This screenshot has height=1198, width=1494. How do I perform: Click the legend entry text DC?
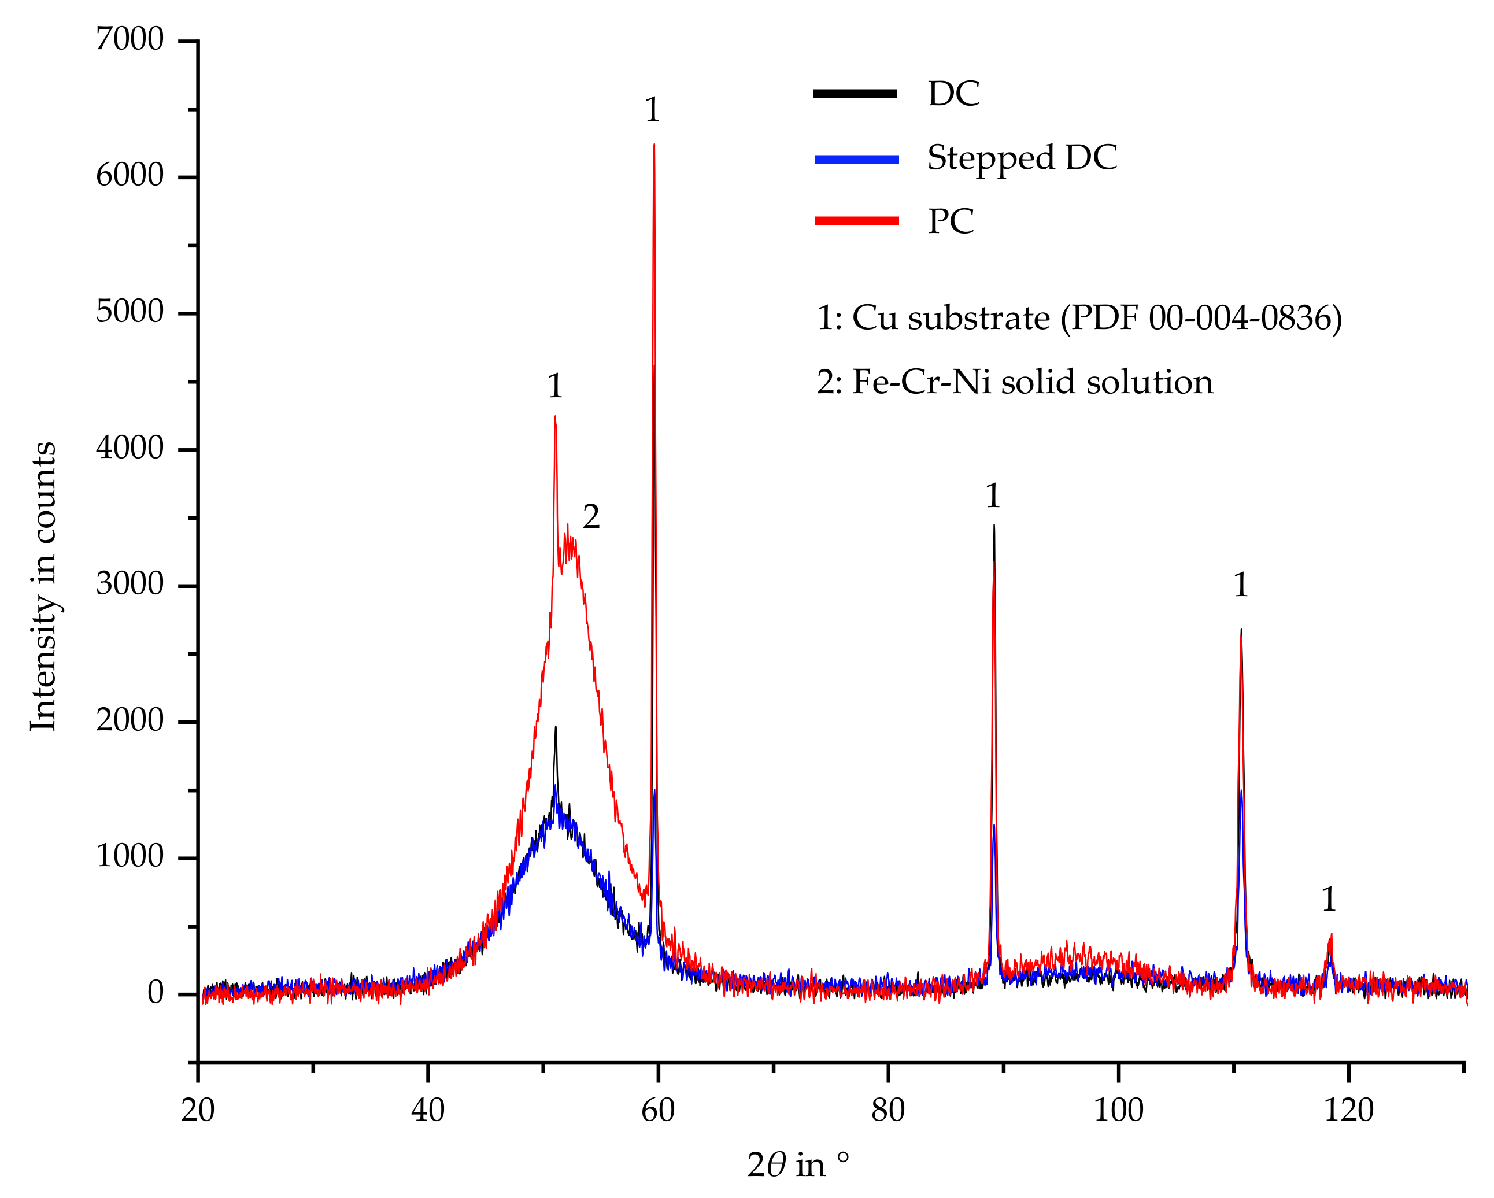[953, 94]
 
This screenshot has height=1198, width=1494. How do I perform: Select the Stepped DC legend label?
[1022, 158]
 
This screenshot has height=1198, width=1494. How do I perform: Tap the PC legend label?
[951, 221]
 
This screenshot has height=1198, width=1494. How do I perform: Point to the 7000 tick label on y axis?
[130, 39]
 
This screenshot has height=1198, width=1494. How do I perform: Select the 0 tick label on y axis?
[155, 993]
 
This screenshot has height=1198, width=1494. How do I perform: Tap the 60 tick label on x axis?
[657, 1111]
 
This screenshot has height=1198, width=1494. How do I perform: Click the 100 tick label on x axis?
[1118, 1111]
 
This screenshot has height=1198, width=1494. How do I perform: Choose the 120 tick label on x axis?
[1348, 1111]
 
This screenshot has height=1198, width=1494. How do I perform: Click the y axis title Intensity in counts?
[43, 586]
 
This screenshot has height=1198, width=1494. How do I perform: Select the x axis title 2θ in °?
[797, 1166]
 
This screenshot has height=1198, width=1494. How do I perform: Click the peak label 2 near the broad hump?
[590, 517]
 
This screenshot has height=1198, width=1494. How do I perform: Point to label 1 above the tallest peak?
[652, 109]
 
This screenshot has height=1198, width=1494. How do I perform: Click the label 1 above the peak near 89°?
[993, 496]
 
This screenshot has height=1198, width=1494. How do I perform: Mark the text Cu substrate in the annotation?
[951, 319]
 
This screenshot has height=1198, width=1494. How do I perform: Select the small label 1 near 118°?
[1329, 900]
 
